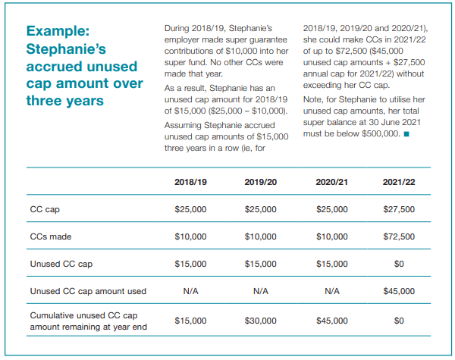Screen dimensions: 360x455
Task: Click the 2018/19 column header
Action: (190, 183)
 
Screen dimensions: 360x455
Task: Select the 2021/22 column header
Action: (400, 183)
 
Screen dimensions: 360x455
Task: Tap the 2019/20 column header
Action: (260, 183)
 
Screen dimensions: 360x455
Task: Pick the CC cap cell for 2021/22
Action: (400, 209)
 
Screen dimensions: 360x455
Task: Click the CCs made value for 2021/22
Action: (400, 236)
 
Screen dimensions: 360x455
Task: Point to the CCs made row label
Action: (50, 236)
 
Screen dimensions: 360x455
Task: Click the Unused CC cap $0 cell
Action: (400, 264)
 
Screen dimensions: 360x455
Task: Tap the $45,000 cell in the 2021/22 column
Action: (400, 291)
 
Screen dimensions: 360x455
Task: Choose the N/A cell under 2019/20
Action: (260, 291)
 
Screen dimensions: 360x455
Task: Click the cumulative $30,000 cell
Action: (260, 321)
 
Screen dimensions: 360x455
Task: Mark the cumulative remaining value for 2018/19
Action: (190, 321)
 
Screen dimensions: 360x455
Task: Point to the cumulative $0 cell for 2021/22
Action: (400, 321)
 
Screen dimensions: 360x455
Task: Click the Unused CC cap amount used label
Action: (87, 291)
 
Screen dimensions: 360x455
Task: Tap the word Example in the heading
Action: (58, 31)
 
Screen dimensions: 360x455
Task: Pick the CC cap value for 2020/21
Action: (332, 209)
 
